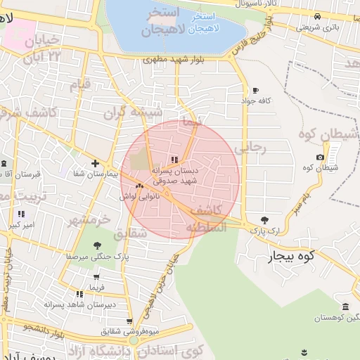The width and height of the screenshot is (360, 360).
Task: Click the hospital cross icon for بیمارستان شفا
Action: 95,163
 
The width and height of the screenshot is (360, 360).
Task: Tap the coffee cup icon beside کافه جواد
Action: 255,90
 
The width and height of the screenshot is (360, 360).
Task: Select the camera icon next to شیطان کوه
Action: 321,157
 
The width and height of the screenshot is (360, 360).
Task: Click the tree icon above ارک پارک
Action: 264,220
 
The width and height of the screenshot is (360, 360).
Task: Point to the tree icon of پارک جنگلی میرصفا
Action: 96,245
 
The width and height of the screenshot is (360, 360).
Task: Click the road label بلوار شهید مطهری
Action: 173,60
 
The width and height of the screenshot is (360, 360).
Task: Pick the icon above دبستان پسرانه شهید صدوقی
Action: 174,160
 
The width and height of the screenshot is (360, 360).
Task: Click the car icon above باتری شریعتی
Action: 317,16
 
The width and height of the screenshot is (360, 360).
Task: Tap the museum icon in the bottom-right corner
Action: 345,307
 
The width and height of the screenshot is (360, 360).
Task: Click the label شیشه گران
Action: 133,112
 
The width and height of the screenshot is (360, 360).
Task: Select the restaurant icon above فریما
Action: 96,277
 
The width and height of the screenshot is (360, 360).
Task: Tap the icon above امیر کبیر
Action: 21,214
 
